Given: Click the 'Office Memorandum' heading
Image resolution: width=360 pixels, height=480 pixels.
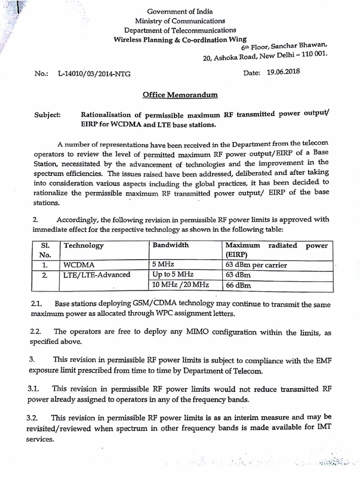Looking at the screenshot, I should click(x=180, y=95).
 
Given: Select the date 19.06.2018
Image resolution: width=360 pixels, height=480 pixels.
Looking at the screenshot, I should click(x=283, y=72).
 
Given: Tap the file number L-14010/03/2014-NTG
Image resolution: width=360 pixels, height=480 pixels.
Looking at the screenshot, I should click(x=94, y=74).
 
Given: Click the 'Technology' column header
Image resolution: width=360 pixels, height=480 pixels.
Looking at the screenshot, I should click(x=84, y=246).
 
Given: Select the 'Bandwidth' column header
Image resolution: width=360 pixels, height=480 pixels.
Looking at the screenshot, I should click(x=170, y=245).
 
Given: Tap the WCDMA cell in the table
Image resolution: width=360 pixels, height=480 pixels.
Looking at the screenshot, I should click(x=79, y=265).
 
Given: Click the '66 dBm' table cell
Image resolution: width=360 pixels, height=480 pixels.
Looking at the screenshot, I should click(x=238, y=285).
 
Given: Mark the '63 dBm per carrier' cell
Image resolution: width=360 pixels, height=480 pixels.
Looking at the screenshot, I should click(x=256, y=265).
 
